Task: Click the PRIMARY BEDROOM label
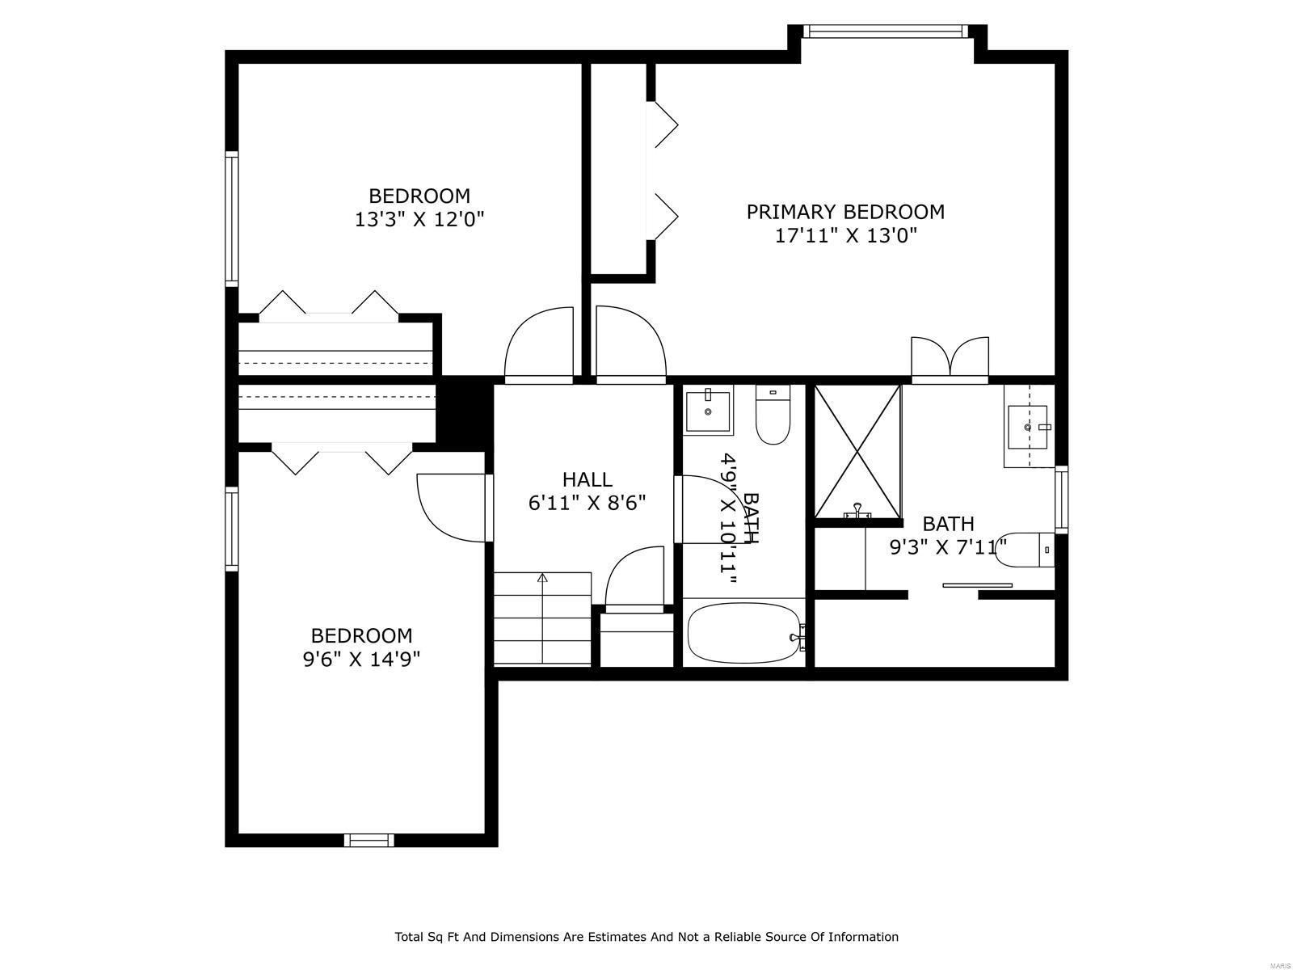coord(844,212)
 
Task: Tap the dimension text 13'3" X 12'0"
coord(419,219)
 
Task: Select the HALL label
coord(587,479)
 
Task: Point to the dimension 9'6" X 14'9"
coord(361,659)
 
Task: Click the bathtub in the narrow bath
coord(743,633)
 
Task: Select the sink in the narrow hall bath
coord(709,412)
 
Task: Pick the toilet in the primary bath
coord(1026,550)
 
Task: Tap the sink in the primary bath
coord(1028,427)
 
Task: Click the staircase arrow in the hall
coord(542,579)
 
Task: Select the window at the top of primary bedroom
coord(886,32)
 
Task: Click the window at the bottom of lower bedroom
coord(369,841)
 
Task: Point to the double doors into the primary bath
coord(950,358)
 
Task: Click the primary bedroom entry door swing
coord(630,343)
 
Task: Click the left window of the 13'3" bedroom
coord(232,219)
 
